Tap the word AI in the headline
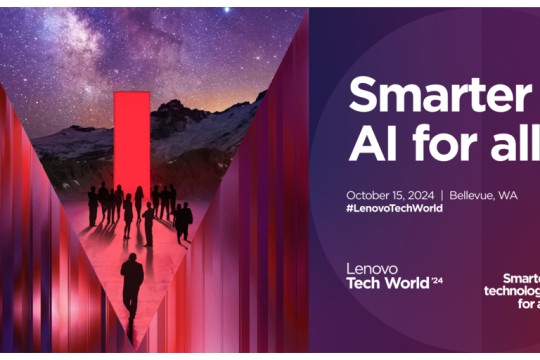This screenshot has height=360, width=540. click(x=369, y=145)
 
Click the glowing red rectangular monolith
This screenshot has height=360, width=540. click(x=131, y=140)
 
